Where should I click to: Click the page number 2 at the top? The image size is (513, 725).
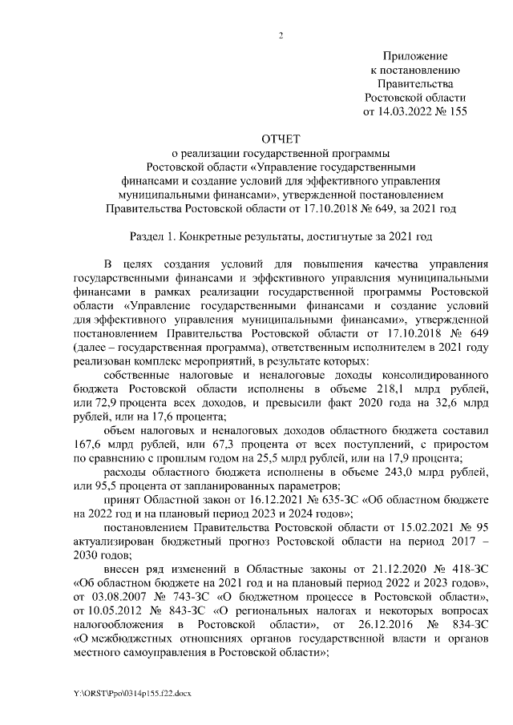(281, 34)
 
